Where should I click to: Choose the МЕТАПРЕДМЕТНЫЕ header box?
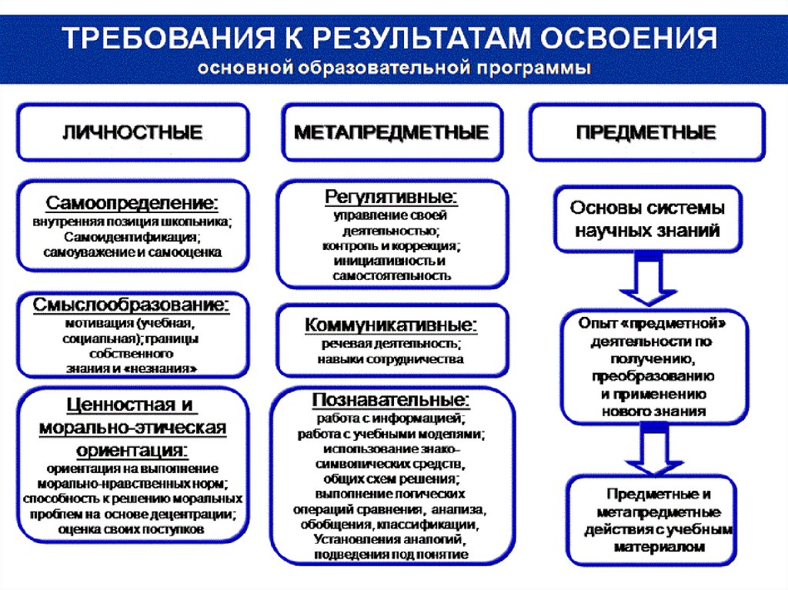(392, 132)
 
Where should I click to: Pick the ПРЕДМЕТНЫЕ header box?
(646, 132)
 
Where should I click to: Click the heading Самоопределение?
(132, 204)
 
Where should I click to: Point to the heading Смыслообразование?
(132, 305)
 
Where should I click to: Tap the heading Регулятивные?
(391, 197)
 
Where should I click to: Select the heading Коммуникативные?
(391, 325)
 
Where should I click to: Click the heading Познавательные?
(391, 401)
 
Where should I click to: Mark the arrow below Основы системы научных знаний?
(648, 280)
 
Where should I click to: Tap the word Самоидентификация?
(132, 236)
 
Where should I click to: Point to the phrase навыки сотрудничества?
(391, 358)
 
